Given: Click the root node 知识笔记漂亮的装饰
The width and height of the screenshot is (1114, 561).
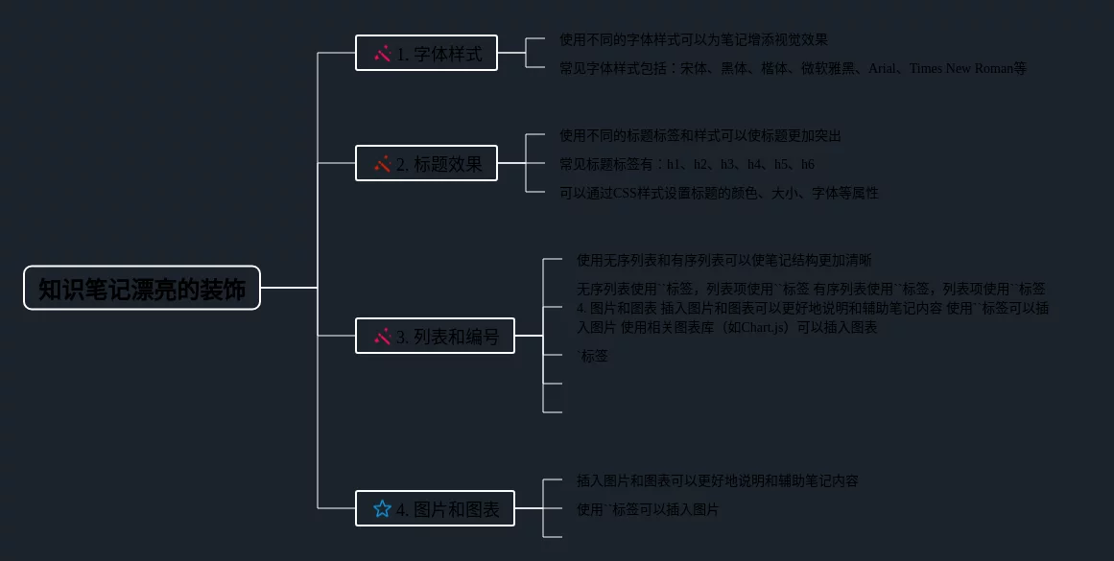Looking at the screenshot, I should (142, 288).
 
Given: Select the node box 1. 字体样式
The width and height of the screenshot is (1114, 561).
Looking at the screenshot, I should (426, 53).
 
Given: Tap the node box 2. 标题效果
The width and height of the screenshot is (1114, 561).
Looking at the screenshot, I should (426, 163).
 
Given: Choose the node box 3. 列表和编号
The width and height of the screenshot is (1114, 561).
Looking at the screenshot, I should (435, 336).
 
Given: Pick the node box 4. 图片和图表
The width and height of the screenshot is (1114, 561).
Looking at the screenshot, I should (435, 508).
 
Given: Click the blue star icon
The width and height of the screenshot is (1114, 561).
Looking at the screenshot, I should (382, 508).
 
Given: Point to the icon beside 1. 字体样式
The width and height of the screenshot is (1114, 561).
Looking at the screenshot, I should (382, 54).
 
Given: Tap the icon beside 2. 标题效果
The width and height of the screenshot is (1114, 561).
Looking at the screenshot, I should (382, 164).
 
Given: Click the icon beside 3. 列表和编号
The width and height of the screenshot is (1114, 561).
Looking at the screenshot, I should (382, 337).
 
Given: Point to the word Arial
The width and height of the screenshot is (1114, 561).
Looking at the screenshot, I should (881, 68).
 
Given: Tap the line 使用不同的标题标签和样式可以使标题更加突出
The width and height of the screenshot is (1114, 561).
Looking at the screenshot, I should (700, 135).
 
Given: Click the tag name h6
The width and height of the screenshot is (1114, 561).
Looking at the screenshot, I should (808, 164).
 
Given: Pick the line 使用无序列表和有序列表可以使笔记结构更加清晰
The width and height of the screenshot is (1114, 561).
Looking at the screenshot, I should (723, 260).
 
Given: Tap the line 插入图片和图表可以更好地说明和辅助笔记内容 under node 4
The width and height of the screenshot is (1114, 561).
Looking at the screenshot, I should (717, 480).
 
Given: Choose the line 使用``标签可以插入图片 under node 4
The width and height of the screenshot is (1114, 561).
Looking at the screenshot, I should (647, 509).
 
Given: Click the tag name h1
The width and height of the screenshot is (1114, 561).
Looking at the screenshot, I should (674, 164).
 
